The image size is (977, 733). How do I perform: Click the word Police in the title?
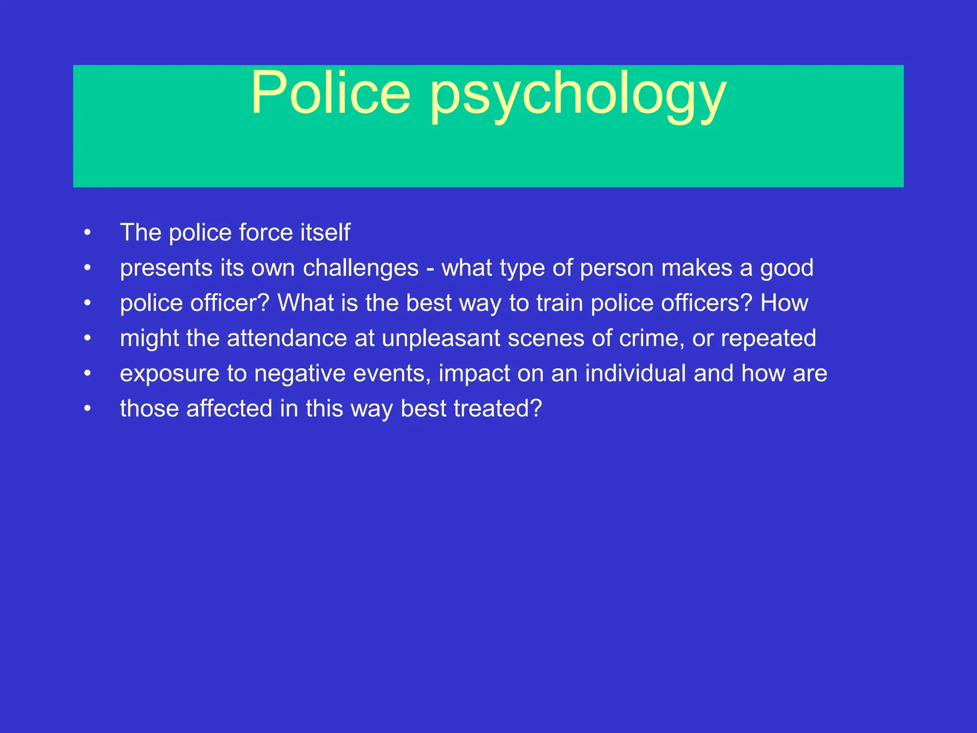coord(330,93)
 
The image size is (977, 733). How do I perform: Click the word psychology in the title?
coord(578,95)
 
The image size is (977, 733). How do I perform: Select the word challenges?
coord(361,268)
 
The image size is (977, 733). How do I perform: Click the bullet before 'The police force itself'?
coord(87,233)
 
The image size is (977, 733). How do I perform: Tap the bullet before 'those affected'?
coord(87,409)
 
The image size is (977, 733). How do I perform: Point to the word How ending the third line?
coord(784,303)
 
